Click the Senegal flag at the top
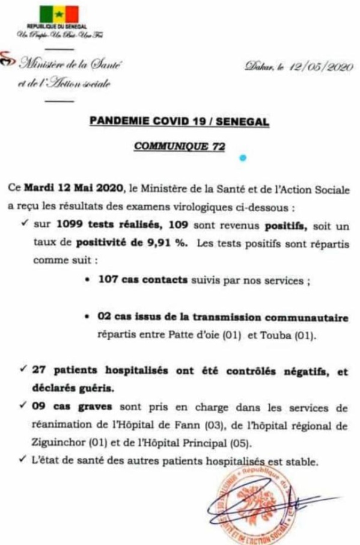point(59,13)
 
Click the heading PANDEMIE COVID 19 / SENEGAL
point(179,122)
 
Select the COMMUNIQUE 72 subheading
point(179,146)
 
